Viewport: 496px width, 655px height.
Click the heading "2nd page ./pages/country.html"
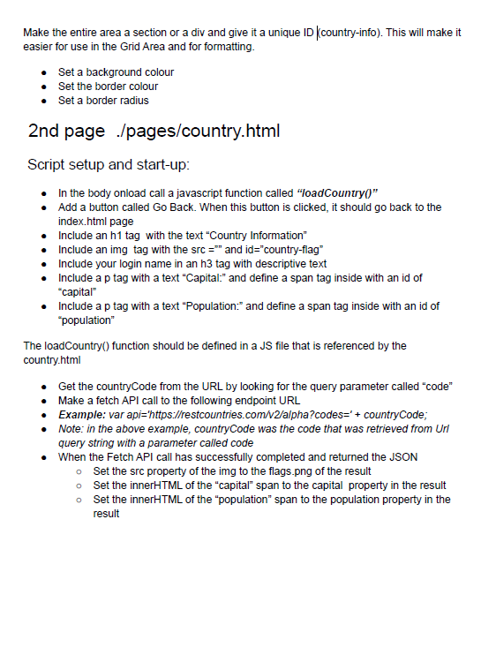point(154,132)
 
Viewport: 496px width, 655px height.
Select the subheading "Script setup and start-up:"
point(109,165)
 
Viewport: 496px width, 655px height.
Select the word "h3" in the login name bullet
point(196,263)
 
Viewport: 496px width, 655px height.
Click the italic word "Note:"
point(71,429)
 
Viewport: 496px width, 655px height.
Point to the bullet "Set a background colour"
point(116,72)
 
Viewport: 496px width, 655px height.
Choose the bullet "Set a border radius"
point(103,101)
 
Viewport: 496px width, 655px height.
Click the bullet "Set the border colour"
point(108,87)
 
